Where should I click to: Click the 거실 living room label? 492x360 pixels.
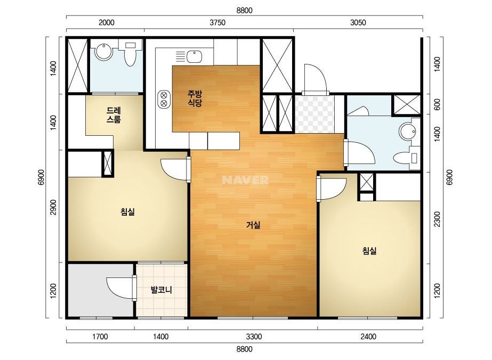click(253, 225)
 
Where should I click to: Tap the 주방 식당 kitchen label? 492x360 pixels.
click(195, 99)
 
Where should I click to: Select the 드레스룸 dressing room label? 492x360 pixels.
click(114, 115)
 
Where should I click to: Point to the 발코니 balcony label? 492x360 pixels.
click(162, 290)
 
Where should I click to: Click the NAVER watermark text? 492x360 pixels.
click(245, 180)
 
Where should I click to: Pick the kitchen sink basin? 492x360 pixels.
click(195, 56)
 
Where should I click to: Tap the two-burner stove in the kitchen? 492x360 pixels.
click(164, 99)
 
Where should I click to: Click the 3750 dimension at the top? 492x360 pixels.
click(217, 22)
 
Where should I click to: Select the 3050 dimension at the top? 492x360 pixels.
click(358, 22)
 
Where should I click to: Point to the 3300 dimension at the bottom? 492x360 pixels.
click(254, 337)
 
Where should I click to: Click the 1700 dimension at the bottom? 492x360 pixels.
click(100, 337)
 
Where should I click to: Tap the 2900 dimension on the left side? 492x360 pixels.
click(53, 207)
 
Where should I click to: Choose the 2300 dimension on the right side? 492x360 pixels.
click(437, 219)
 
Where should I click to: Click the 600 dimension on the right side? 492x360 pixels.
click(437, 104)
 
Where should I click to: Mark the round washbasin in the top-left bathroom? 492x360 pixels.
click(104, 52)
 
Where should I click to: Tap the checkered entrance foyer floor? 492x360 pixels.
click(314, 114)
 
